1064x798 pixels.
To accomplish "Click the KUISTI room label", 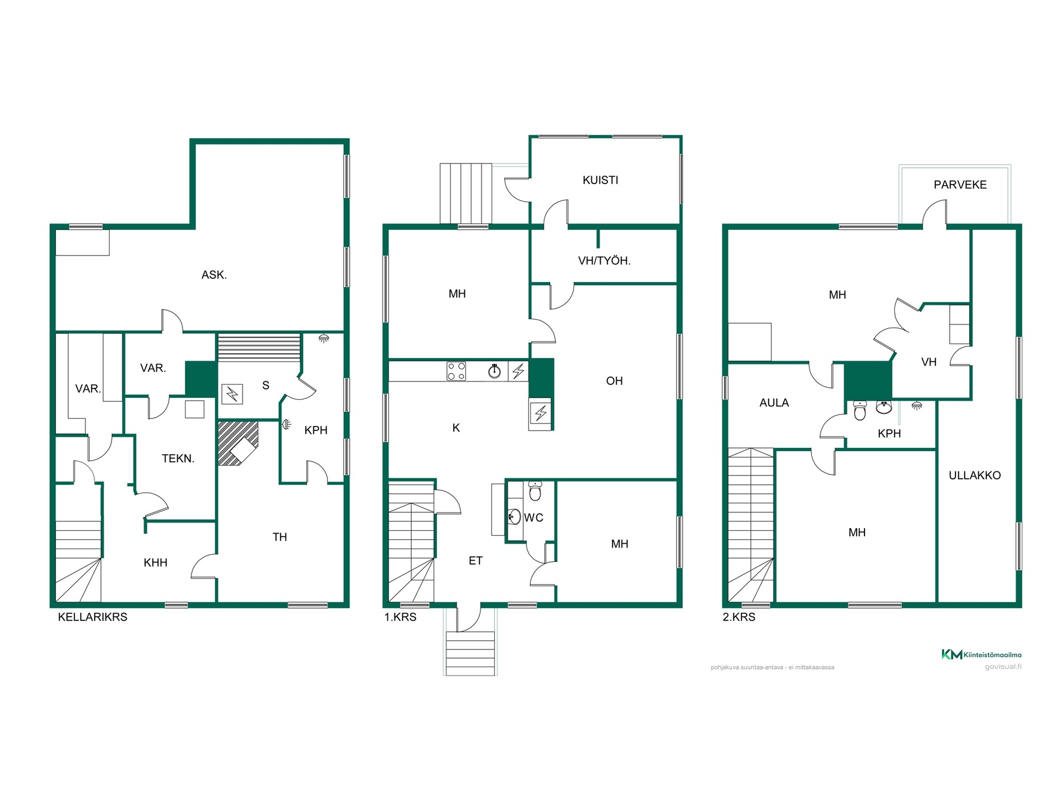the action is tap(600, 180).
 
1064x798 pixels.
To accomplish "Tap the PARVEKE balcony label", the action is tap(960, 185).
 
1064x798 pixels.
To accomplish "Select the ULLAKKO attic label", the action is tap(975, 475).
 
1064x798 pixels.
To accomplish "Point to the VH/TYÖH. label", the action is tap(604, 260).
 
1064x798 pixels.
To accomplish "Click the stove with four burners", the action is tap(456, 371).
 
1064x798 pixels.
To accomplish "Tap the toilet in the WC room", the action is tap(535, 491).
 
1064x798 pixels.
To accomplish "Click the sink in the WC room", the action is tap(514, 516).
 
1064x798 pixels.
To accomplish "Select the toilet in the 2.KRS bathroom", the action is tap(860, 410).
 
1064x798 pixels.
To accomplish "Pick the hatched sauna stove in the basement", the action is tap(238, 443).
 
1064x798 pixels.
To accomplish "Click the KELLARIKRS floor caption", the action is tap(93, 617).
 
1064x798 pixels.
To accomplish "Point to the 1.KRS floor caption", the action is tap(400, 617).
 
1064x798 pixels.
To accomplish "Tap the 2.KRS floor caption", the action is tap(739, 617).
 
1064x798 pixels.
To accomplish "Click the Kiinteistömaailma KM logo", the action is tap(981, 654).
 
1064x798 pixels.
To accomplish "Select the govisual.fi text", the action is tap(1003, 667).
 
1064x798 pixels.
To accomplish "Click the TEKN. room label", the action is tap(178, 458).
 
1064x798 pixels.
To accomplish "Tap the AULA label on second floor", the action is tap(774, 403).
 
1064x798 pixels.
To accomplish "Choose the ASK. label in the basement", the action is tap(214, 275).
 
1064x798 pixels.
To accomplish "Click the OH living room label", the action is tap(614, 381).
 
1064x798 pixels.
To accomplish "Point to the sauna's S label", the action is tap(266, 385).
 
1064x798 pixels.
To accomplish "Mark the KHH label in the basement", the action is tap(155, 563).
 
